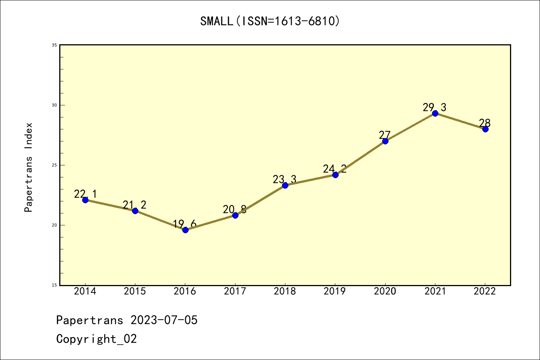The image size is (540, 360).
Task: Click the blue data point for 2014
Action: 85,200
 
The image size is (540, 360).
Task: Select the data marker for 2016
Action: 185,230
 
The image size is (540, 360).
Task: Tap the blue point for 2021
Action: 435,113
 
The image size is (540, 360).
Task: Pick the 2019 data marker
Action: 335,175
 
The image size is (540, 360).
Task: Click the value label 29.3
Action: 435,108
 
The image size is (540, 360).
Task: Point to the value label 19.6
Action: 184,224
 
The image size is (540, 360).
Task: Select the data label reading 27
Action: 385,135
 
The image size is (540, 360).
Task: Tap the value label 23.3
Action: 285,180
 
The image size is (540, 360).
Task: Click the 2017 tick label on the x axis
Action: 235,291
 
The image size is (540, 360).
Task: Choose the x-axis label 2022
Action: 485,291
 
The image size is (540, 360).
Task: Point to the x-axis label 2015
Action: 135,291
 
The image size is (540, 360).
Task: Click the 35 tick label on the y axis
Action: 54,45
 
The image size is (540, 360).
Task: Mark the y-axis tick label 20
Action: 54,225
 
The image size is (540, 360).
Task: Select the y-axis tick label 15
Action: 54,285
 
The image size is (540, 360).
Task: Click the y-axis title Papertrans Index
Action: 28,167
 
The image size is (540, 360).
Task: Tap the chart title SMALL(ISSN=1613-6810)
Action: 270,21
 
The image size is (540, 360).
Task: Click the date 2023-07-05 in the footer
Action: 164,320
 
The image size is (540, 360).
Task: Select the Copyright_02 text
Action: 96,339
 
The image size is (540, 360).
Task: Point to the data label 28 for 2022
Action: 485,123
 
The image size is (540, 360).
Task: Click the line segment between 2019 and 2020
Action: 360,158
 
